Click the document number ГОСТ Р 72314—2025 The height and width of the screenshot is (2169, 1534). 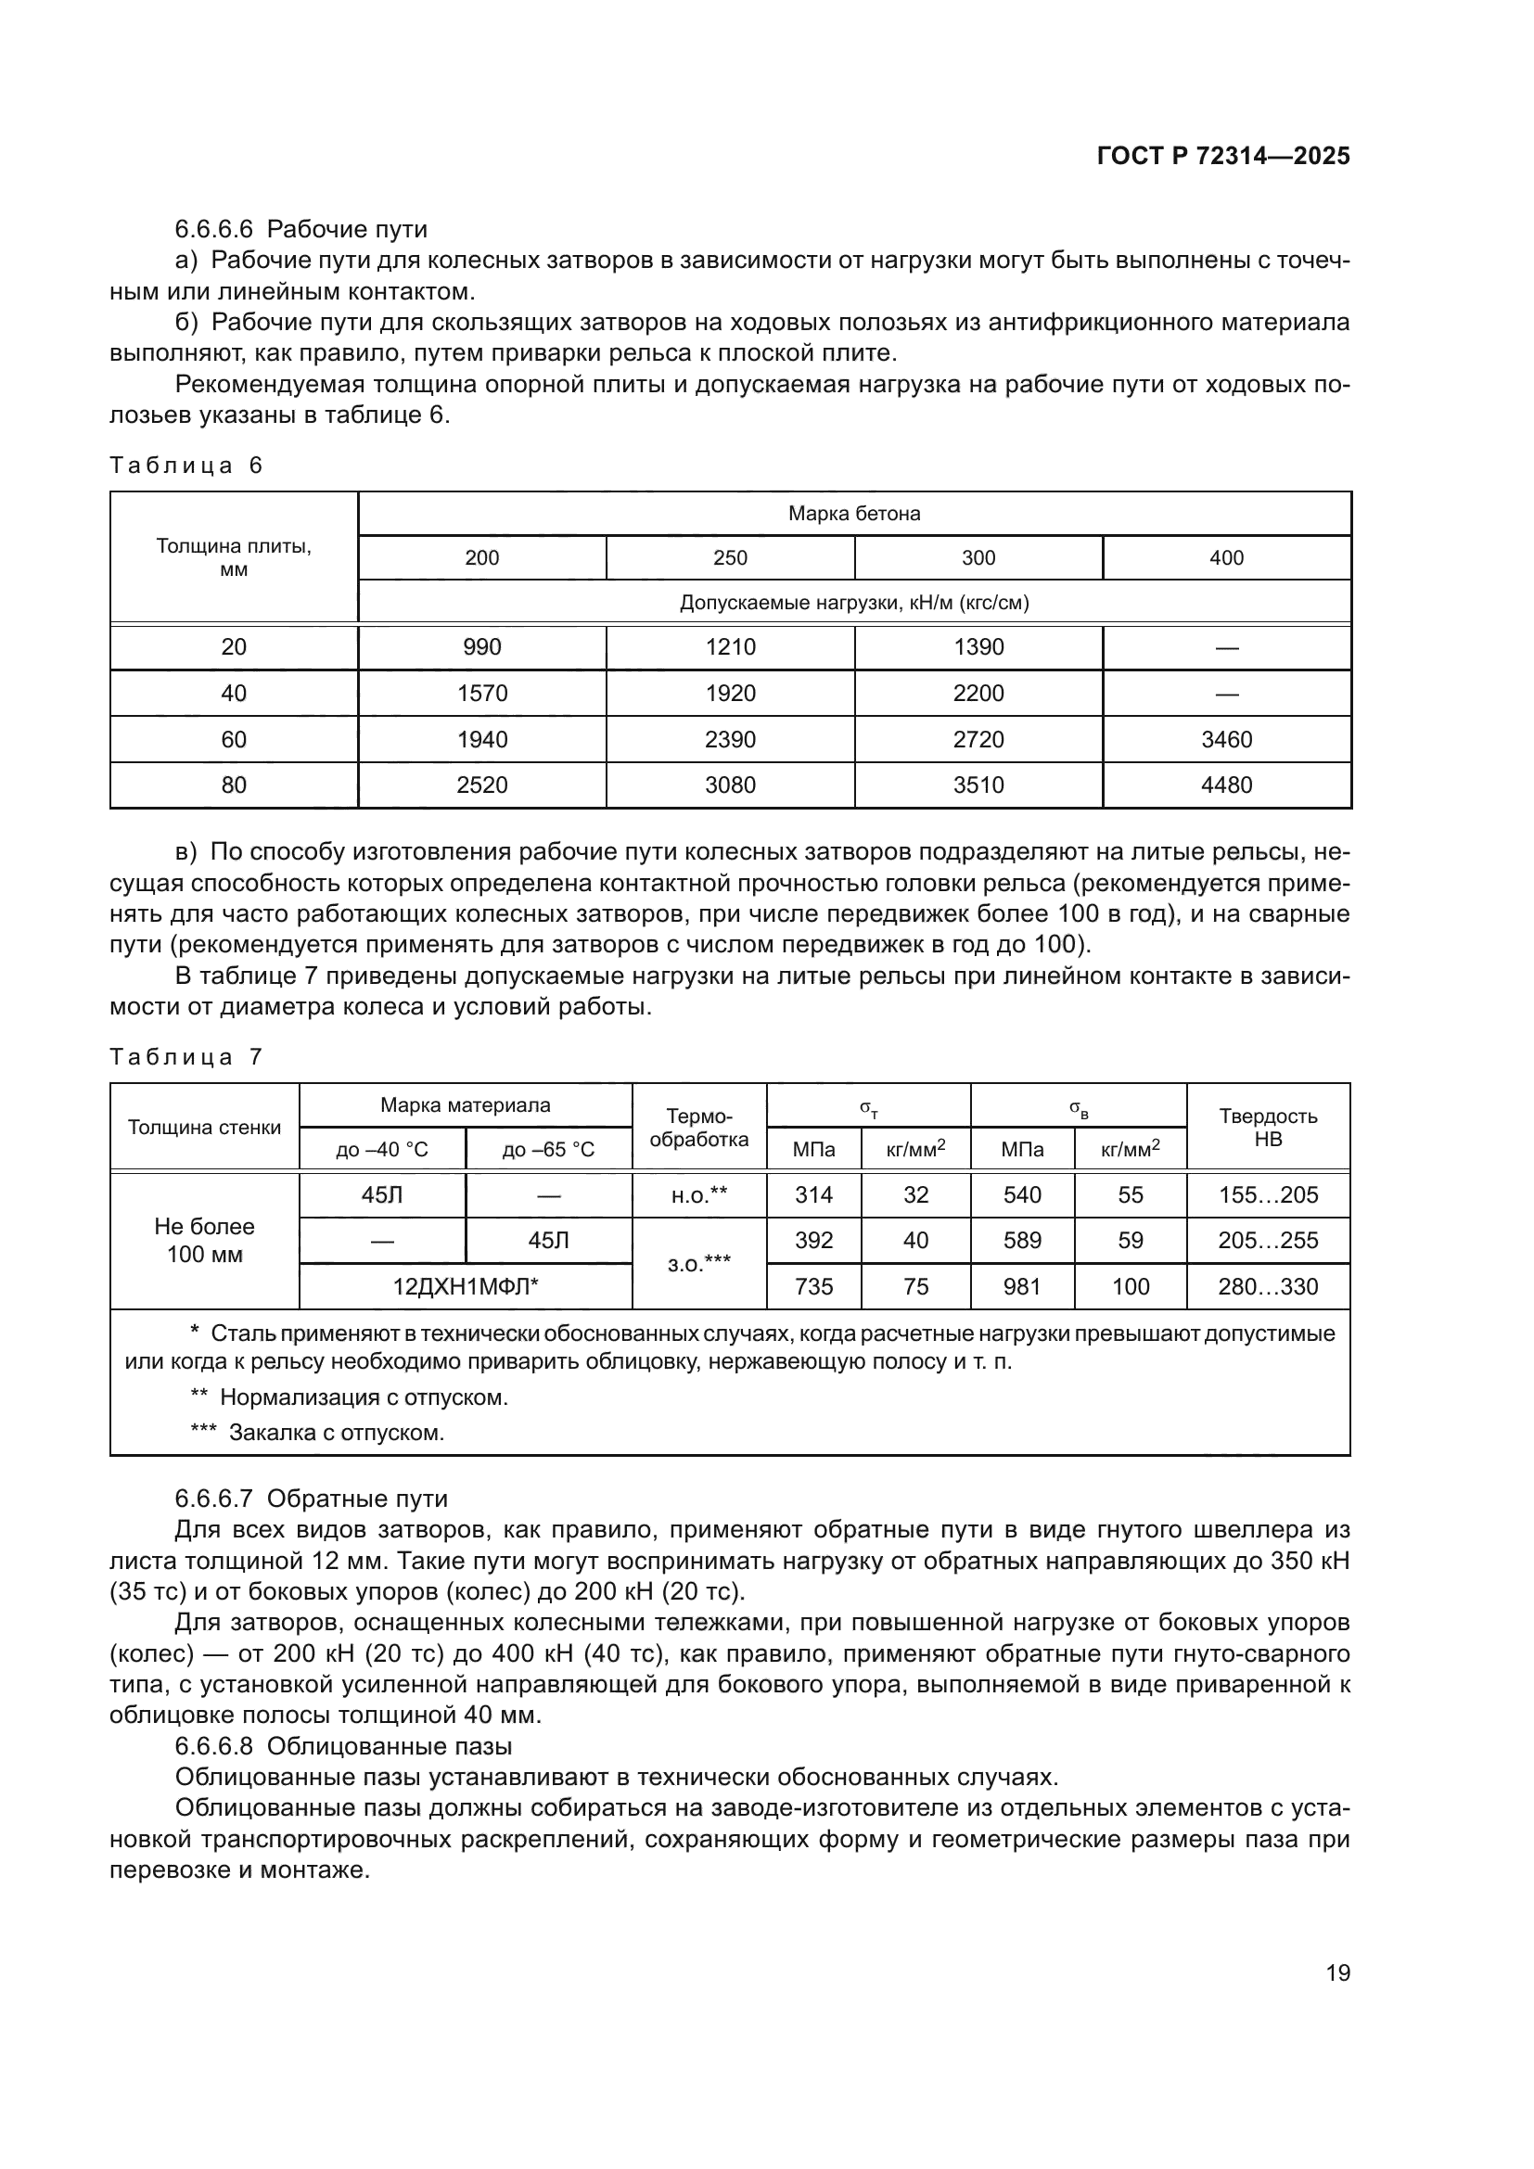pyautogui.click(x=1223, y=157)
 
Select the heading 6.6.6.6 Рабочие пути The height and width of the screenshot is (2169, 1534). pyautogui.click(x=300, y=230)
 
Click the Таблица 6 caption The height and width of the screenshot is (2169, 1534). pyautogui.click(x=186, y=465)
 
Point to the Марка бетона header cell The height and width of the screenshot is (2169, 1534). pyautogui.click(x=854, y=514)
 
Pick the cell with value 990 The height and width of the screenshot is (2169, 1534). pyautogui.click(x=481, y=647)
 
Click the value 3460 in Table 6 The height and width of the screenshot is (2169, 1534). pyautogui.click(x=1226, y=740)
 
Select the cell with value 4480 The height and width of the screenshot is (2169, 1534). pyautogui.click(x=1226, y=785)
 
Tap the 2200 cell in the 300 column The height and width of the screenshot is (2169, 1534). pyautogui.click(x=978, y=694)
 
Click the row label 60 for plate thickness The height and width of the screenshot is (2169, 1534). pyautogui.click(x=234, y=740)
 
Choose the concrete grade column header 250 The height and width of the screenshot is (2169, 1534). pyautogui.click(x=730, y=558)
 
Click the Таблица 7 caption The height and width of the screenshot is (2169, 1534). pyautogui.click(x=186, y=1057)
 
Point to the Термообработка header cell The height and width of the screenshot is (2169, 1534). pyautogui.click(x=699, y=1127)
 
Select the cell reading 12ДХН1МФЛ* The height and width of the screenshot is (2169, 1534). pyautogui.click(x=466, y=1287)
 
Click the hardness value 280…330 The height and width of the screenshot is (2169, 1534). pyautogui.click(x=1268, y=1287)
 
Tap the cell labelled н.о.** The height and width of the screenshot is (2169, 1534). pyautogui.click(x=699, y=1195)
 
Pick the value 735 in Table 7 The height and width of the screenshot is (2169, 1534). pyautogui.click(x=813, y=1287)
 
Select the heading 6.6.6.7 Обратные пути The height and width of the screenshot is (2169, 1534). pyautogui.click(x=311, y=1499)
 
